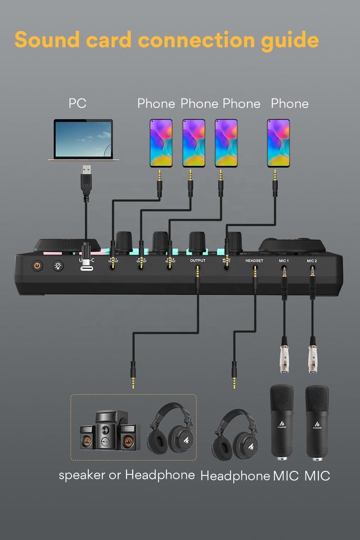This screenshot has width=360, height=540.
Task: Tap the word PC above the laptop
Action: pos(78,103)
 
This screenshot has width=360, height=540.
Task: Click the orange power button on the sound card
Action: pos(38,265)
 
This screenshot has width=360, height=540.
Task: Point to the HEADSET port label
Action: pos(254,261)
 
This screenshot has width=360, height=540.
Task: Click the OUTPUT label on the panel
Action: pos(198,261)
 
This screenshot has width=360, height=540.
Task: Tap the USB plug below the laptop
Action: pos(85,178)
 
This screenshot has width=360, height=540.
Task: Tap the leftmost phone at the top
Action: pos(160,143)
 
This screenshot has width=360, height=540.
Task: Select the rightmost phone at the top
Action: pos(278,143)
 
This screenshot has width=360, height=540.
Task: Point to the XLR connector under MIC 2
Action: pos(313,354)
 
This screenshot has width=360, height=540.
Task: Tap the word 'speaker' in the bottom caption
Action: pos(82,475)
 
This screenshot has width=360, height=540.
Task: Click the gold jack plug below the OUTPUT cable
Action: pos(133,378)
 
